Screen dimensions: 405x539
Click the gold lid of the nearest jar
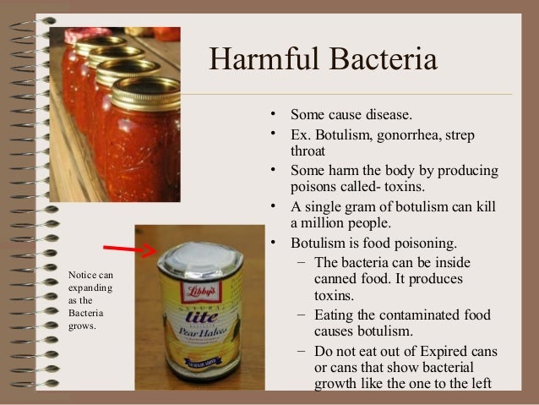pos(145,92)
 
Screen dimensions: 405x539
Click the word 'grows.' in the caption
pos(82,327)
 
